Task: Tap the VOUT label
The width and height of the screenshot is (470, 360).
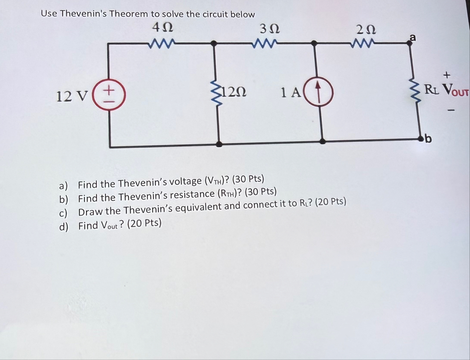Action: (x=455, y=90)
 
